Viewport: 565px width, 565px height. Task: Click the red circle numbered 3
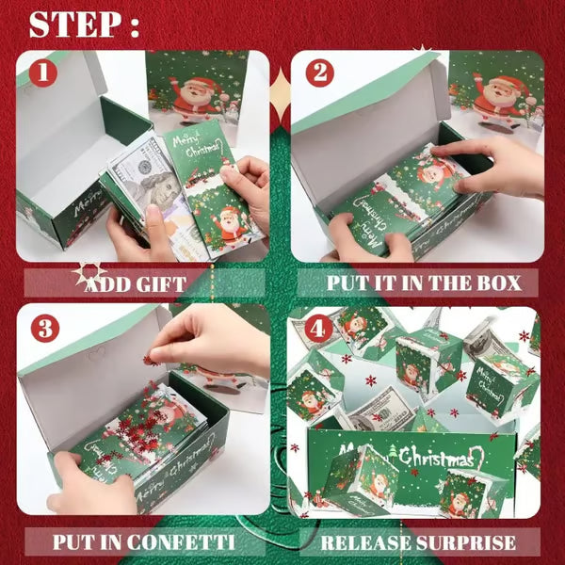point(43,330)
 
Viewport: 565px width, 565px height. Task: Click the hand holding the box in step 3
point(80,480)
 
